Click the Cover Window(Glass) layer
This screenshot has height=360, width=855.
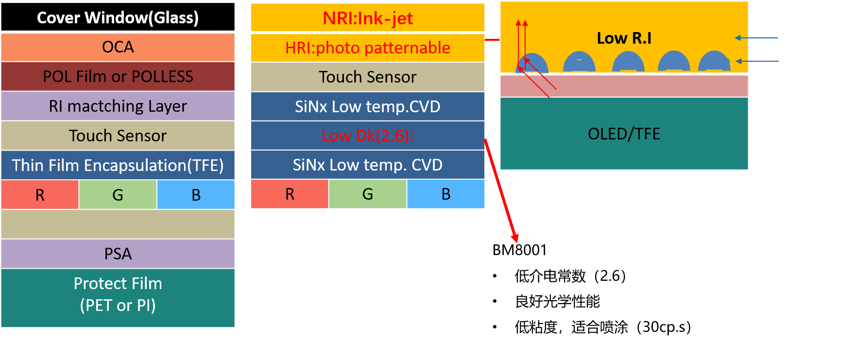point(118,17)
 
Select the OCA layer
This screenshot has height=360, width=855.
point(118,47)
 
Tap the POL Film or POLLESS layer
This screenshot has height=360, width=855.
point(118,76)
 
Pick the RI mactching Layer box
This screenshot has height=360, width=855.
point(118,106)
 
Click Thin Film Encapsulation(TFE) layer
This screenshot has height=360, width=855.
point(118,165)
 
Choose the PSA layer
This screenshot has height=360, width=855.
point(118,254)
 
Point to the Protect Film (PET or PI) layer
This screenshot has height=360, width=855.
point(118,294)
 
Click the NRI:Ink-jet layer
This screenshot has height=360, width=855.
point(368,18)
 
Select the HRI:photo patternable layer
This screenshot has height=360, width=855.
point(368,48)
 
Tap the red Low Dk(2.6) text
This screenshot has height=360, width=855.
point(367,136)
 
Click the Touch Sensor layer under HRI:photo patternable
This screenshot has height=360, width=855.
point(368,77)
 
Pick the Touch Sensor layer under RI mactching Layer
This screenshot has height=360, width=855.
point(118,136)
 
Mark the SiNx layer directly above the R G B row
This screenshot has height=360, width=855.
point(368,165)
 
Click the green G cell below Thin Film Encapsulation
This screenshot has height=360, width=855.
point(118,195)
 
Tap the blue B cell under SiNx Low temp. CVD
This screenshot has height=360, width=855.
point(446,194)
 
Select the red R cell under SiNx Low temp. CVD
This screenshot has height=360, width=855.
point(290,194)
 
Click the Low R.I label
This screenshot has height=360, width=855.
point(624,38)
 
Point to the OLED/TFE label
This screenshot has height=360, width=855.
point(624,134)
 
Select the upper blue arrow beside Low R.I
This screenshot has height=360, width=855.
point(756,38)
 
